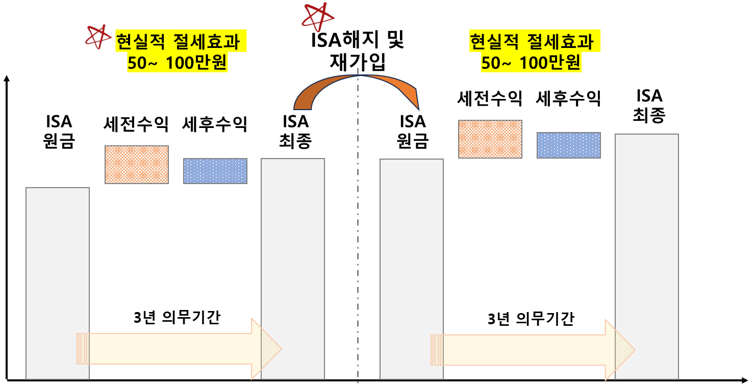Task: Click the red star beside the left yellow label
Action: coord(97,37)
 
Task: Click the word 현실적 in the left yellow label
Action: coord(138,42)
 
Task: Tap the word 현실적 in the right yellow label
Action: coord(492,42)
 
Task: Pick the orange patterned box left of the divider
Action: coord(137,165)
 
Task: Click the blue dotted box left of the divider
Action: coord(215,171)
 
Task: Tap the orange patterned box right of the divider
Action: coord(490,139)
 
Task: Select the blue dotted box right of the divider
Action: coord(569,145)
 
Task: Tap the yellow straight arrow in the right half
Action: coord(525,350)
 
